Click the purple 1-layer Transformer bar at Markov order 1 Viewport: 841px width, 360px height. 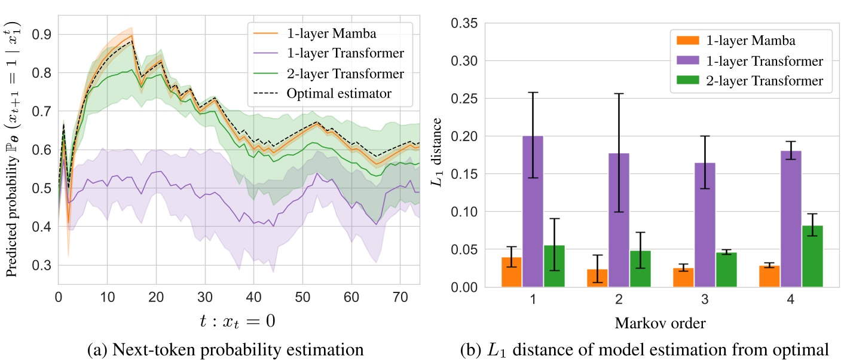(533, 212)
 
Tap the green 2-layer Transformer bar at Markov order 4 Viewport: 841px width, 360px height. (812, 257)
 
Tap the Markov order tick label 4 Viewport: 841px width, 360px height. (791, 300)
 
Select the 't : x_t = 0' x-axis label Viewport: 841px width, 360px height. (238, 322)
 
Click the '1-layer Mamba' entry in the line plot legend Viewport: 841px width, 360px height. (325, 33)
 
